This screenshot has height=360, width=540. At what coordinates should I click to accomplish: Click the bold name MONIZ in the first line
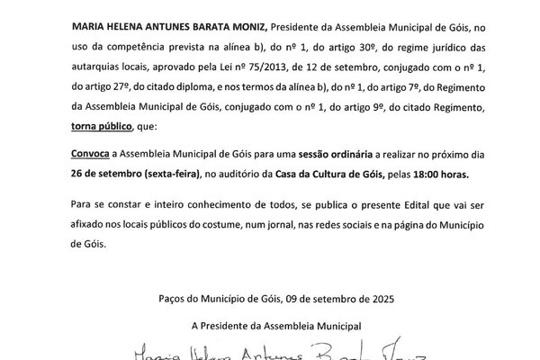[222, 31]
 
